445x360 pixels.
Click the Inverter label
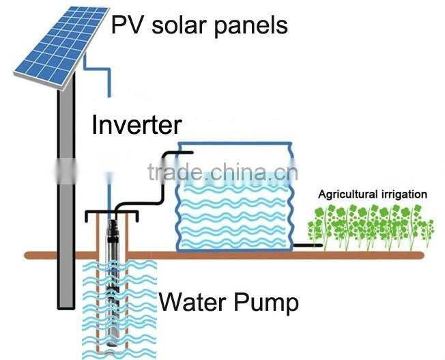tap(137, 126)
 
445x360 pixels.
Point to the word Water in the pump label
tap(193, 301)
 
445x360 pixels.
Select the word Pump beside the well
tap(267, 301)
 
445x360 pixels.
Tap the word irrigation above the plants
tap(405, 195)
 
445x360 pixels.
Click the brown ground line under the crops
tap(369, 255)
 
